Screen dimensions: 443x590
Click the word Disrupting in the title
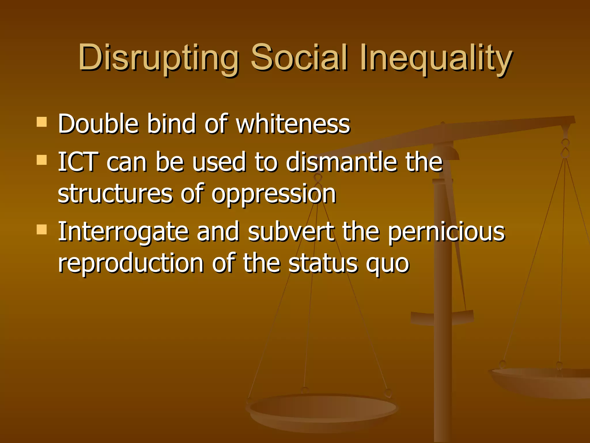[x=158, y=58]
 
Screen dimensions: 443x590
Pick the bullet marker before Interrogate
[x=42, y=230]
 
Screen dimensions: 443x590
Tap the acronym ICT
[x=78, y=162]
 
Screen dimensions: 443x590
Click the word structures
[x=115, y=194]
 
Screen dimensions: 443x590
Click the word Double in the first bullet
[x=98, y=124]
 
